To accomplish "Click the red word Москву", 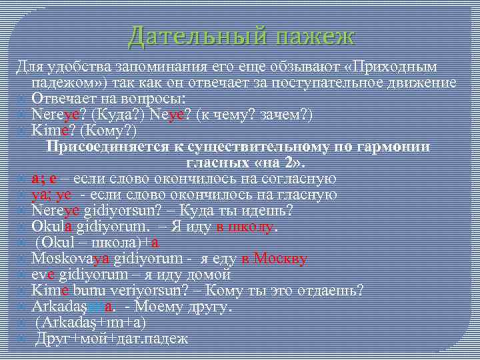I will (281, 259).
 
